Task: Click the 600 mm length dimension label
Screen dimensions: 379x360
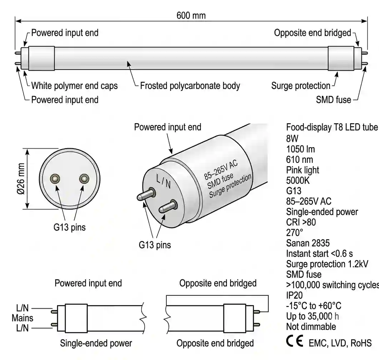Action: point(191,15)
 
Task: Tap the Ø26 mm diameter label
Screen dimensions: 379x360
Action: point(21,179)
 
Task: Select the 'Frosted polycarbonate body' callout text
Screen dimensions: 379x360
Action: point(190,86)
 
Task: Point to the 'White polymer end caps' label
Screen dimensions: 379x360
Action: point(75,86)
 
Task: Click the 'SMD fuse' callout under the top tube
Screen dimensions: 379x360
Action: point(334,100)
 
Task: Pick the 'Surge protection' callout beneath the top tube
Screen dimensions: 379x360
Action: point(301,86)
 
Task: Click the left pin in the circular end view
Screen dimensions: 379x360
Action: point(55,179)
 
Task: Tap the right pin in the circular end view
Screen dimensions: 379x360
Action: point(84,179)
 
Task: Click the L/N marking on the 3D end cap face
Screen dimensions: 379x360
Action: point(163,181)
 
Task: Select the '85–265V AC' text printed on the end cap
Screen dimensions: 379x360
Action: point(221,170)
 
